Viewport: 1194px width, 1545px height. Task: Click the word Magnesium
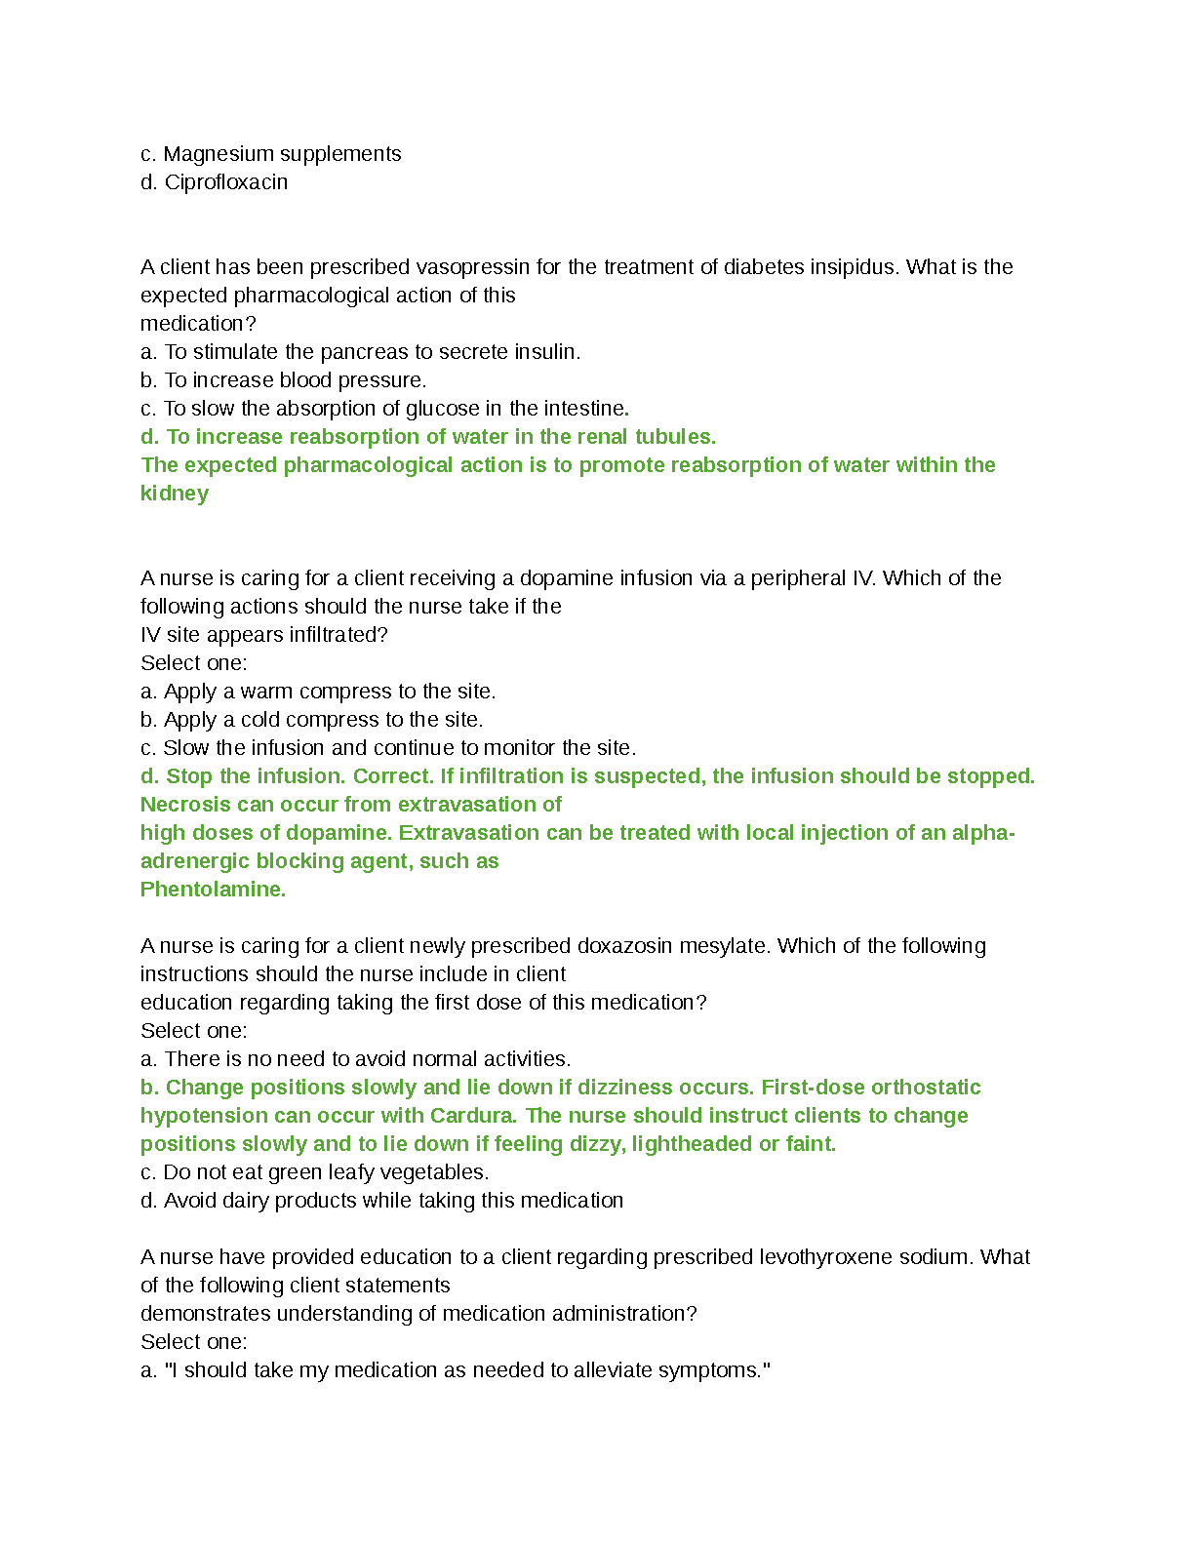[x=219, y=154]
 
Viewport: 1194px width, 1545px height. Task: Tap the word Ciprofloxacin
[x=225, y=182]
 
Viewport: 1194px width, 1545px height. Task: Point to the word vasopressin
[x=473, y=267]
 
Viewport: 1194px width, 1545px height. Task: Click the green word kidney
[x=175, y=494]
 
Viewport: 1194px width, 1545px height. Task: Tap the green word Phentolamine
[x=213, y=890]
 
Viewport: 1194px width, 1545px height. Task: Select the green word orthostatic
[x=926, y=1088]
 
